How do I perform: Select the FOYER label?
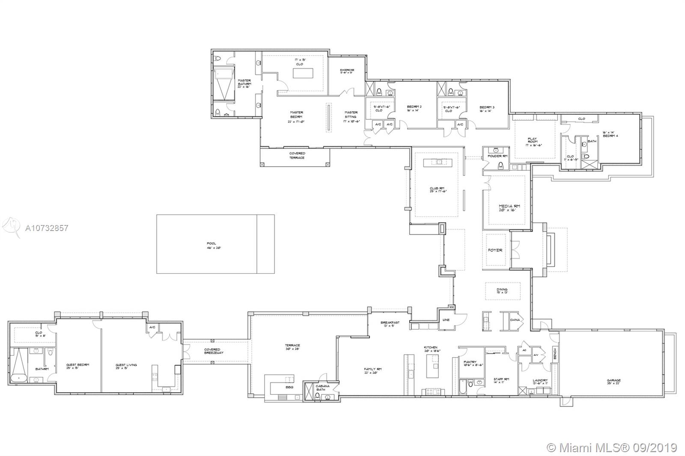tap(495, 250)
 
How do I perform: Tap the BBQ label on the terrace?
tap(289, 387)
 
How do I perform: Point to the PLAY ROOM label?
tap(533, 140)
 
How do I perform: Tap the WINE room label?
tap(446, 320)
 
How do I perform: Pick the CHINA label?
tap(515, 320)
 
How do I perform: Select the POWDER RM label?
tap(498, 156)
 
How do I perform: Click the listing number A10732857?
tap(47, 228)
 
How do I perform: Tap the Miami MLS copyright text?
tap(612, 447)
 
